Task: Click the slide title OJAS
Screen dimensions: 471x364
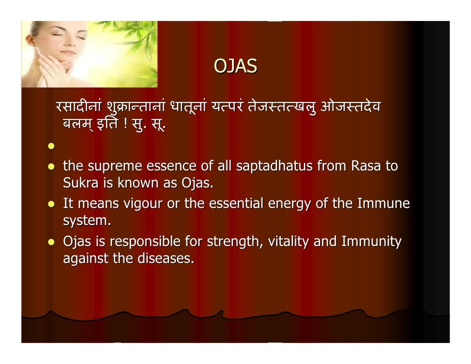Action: pyautogui.click(x=235, y=66)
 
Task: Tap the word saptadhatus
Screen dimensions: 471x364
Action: pyautogui.click(x=274, y=166)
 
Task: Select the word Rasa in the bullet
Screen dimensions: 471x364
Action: pyautogui.click(x=366, y=166)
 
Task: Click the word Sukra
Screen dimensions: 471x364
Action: pyautogui.click(x=80, y=182)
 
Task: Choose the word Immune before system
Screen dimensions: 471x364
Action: pyautogui.click(x=383, y=203)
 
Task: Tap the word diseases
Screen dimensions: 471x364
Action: pyautogui.click(x=165, y=258)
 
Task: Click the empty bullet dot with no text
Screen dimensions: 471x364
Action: pyautogui.click(x=51, y=146)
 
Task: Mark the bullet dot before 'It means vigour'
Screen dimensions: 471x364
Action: pyautogui.click(x=51, y=204)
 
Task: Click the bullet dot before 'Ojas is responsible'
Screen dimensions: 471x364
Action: pyautogui.click(x=51, y=242)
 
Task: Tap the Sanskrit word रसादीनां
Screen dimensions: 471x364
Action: pyautogui.click(x=78, y=106)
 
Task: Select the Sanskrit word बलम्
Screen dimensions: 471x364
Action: pyautogui.click(x=76, y=123)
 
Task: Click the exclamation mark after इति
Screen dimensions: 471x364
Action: pyautogui.click(x=125, y=123)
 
